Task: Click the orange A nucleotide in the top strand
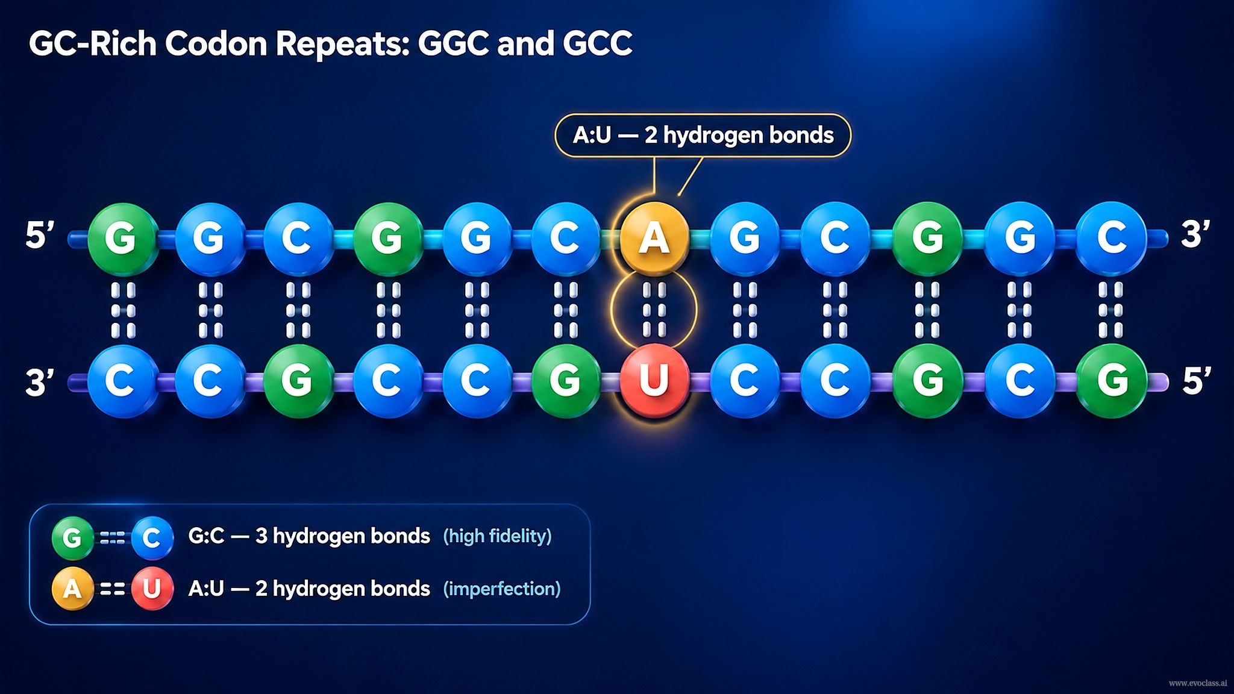(654, 237)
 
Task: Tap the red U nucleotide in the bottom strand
(654, 380)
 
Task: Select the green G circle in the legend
(72, 537)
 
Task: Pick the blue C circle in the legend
(152, 537)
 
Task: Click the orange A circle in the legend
(72, 588)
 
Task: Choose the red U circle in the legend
(152, 588)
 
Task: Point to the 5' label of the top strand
(40, 235)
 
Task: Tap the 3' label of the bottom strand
(40, 382)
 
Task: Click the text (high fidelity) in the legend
(497, 536)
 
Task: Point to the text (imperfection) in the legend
(502, 589)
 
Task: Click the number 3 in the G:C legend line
(261, 536)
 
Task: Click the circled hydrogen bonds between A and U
(654, 310)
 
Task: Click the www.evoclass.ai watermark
(1198, 683)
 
